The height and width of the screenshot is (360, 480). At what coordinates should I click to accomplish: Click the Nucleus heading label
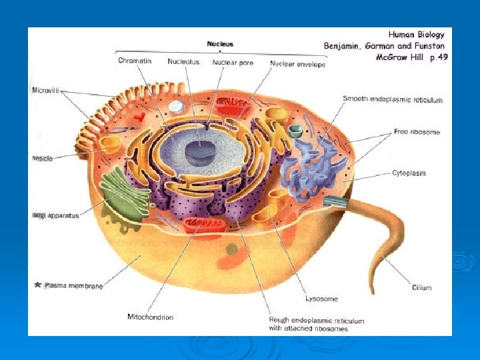click(220, 44)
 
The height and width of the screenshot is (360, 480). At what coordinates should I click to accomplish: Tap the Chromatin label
click(135, 61)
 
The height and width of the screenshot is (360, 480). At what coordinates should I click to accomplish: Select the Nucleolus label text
click(183, 62)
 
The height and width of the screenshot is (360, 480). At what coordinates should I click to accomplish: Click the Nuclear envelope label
click(298, 64)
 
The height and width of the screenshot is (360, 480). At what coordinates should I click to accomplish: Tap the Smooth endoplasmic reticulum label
click(393, 99)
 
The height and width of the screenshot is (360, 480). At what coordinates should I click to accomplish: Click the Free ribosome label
click(417, 132)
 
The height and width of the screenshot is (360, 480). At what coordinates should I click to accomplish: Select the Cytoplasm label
click(409, 173)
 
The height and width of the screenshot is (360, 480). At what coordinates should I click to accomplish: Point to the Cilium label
click(421, 288)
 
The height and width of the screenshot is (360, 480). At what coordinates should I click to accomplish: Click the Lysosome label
click(321, 299)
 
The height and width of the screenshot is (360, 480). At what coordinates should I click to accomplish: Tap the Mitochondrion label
click(150, 317)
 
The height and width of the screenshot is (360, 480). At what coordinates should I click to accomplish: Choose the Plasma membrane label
click(73, 286)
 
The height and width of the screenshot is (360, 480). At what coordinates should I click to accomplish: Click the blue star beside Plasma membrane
click(37, 285)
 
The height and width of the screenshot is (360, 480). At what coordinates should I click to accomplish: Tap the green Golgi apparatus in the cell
click(124, 193)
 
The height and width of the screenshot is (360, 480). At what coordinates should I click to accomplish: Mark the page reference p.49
click(437, 57)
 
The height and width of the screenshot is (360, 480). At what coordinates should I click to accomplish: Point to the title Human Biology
click(416, 34)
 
